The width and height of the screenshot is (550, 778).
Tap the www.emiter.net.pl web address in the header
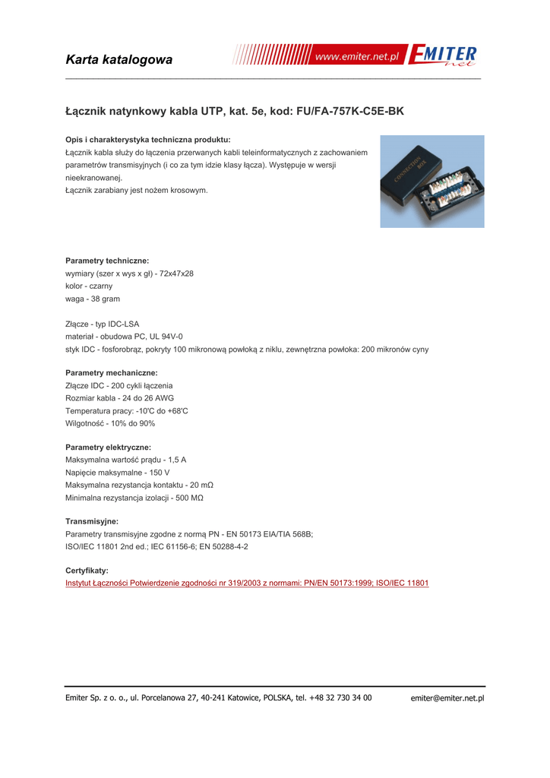[356, 57]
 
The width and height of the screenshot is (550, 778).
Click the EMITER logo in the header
[443, 55]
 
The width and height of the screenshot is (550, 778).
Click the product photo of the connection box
[432, 182]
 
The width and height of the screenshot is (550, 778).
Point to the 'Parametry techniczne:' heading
[107, 261]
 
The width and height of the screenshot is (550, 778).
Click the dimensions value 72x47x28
[176, 274]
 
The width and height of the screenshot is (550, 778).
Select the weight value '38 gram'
[104, 299]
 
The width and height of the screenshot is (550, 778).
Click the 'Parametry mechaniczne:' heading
[112, 373]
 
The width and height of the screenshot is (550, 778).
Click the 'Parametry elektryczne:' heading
[109, 448]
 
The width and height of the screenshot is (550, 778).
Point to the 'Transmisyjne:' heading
[92, 522]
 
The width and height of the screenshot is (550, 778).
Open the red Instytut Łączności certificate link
[247, 583]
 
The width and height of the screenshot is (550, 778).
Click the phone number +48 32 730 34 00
[340, 697]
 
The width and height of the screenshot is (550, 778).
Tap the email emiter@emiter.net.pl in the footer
[447, 698]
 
